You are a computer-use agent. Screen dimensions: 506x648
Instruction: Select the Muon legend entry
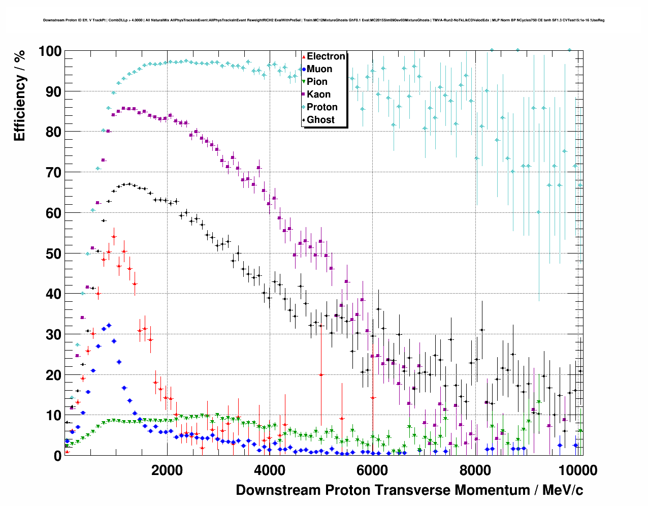[x=319, y=69]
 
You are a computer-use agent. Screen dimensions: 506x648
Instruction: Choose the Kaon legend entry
[x=318, y=94]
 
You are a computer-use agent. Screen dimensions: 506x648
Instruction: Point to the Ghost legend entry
[x=320, y=120]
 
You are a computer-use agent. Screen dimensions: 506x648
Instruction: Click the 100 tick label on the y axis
[x=50, y=51]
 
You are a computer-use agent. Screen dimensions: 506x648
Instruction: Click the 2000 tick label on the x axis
[x=167, y=470]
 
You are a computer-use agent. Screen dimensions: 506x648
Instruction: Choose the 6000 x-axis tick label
[x=372, y=470]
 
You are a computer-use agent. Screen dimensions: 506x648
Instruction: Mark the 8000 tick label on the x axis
[x=475, y=470]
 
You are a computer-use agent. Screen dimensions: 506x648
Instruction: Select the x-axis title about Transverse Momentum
[x=409, y=490]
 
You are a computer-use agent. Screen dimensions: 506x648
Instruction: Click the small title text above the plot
[x=323, y=20]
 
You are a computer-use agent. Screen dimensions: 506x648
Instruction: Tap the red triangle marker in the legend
[x=304, y=56]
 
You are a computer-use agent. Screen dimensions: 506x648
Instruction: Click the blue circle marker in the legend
[x=304, y=69]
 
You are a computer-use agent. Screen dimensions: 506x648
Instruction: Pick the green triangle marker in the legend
[x=304, y=82]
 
